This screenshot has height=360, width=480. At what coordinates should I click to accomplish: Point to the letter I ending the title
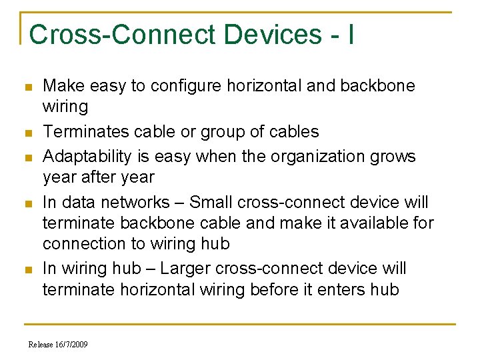click(x=351, y=35)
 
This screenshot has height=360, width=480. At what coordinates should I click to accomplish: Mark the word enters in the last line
click(x=326, y=289)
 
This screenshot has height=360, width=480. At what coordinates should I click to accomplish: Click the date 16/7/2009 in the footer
click(x=71, y=344)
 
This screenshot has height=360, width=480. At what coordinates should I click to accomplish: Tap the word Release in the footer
click(x=40, y=344)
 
